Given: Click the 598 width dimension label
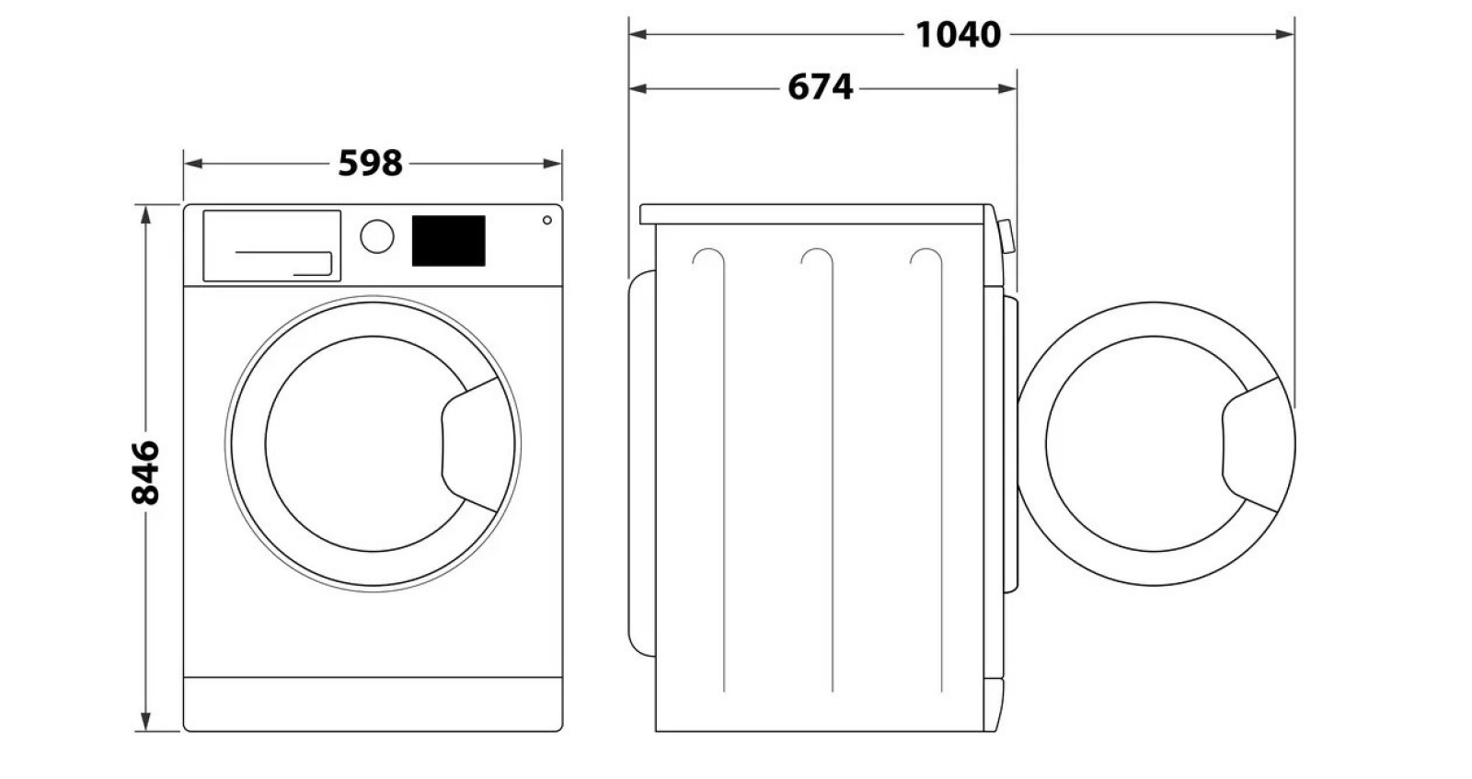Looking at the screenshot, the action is pyautogui.click(x=370, y=163).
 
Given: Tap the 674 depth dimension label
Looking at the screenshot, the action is pyautogui.click(x=820, y=87).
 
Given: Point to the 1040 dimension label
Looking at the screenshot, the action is pyautogui.click(x=958, y=35).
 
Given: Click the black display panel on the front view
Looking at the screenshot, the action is pyautogui.click(x=449, y=240).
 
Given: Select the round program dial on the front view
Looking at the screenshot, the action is pyautogui.click(x=377, y=236).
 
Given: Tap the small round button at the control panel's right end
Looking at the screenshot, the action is pyautogui.click(x=546, y=220).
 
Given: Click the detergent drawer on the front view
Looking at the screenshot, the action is pyautogui.click(x=272, y=246).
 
